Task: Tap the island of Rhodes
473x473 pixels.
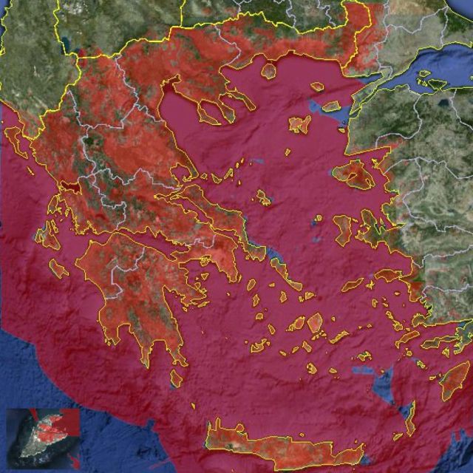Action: pyautogui.click(x=453, y=381)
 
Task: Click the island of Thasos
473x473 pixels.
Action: pyautogui.click(x=269, y=71)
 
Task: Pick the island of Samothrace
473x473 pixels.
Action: pyautogui.click(x=317, y=86)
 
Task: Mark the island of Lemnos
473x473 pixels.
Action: pyautogui.click(x=299, y=125)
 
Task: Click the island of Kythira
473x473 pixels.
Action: pyautogui.click(x=176, y=378)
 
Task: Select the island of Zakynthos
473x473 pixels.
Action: pyautogui.click(x=58, y=268)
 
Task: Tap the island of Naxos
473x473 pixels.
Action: pyautogui.click(x=315, y=323)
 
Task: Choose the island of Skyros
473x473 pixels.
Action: pyautogui.click(x=264, y=197)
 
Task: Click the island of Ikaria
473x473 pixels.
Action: pyautogui.click(x=353, y=283)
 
